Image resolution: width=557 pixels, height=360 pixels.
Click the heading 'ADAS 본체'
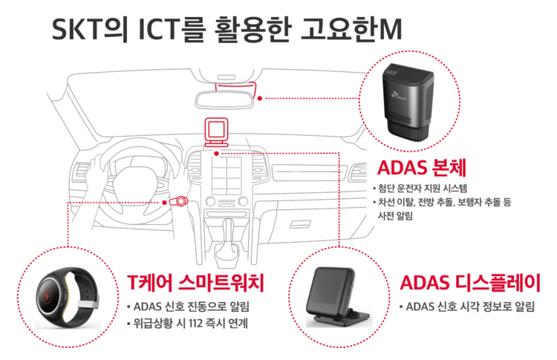pos(421,168)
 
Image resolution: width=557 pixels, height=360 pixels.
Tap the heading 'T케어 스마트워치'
pos(196,283)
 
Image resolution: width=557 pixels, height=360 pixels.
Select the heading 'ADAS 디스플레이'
pos(470,283)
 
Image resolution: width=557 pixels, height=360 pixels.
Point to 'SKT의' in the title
pos(90,29)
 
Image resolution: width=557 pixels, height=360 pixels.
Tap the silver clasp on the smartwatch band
pos(88,304)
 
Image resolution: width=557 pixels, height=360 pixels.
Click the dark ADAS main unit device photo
pos(408,99)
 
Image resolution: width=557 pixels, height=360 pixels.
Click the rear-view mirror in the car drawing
pos(224,99)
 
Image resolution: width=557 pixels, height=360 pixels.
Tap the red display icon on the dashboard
pos(216,132)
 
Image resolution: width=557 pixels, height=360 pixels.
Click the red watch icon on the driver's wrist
pos(178,202)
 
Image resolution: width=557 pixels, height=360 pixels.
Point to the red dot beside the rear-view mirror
pos(260,98)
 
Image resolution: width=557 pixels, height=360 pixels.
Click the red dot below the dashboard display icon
pos(216,154)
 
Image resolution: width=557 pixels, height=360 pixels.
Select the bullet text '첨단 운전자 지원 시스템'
pos(423,188)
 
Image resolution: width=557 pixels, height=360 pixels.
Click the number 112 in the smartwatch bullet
pos(195,324)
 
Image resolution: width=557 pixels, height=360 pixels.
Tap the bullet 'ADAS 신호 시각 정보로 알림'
pos(470,307)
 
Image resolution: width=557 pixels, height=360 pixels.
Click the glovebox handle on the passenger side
pos(300,224)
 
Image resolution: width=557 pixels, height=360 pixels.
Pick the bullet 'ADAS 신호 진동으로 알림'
pos(191,307)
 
